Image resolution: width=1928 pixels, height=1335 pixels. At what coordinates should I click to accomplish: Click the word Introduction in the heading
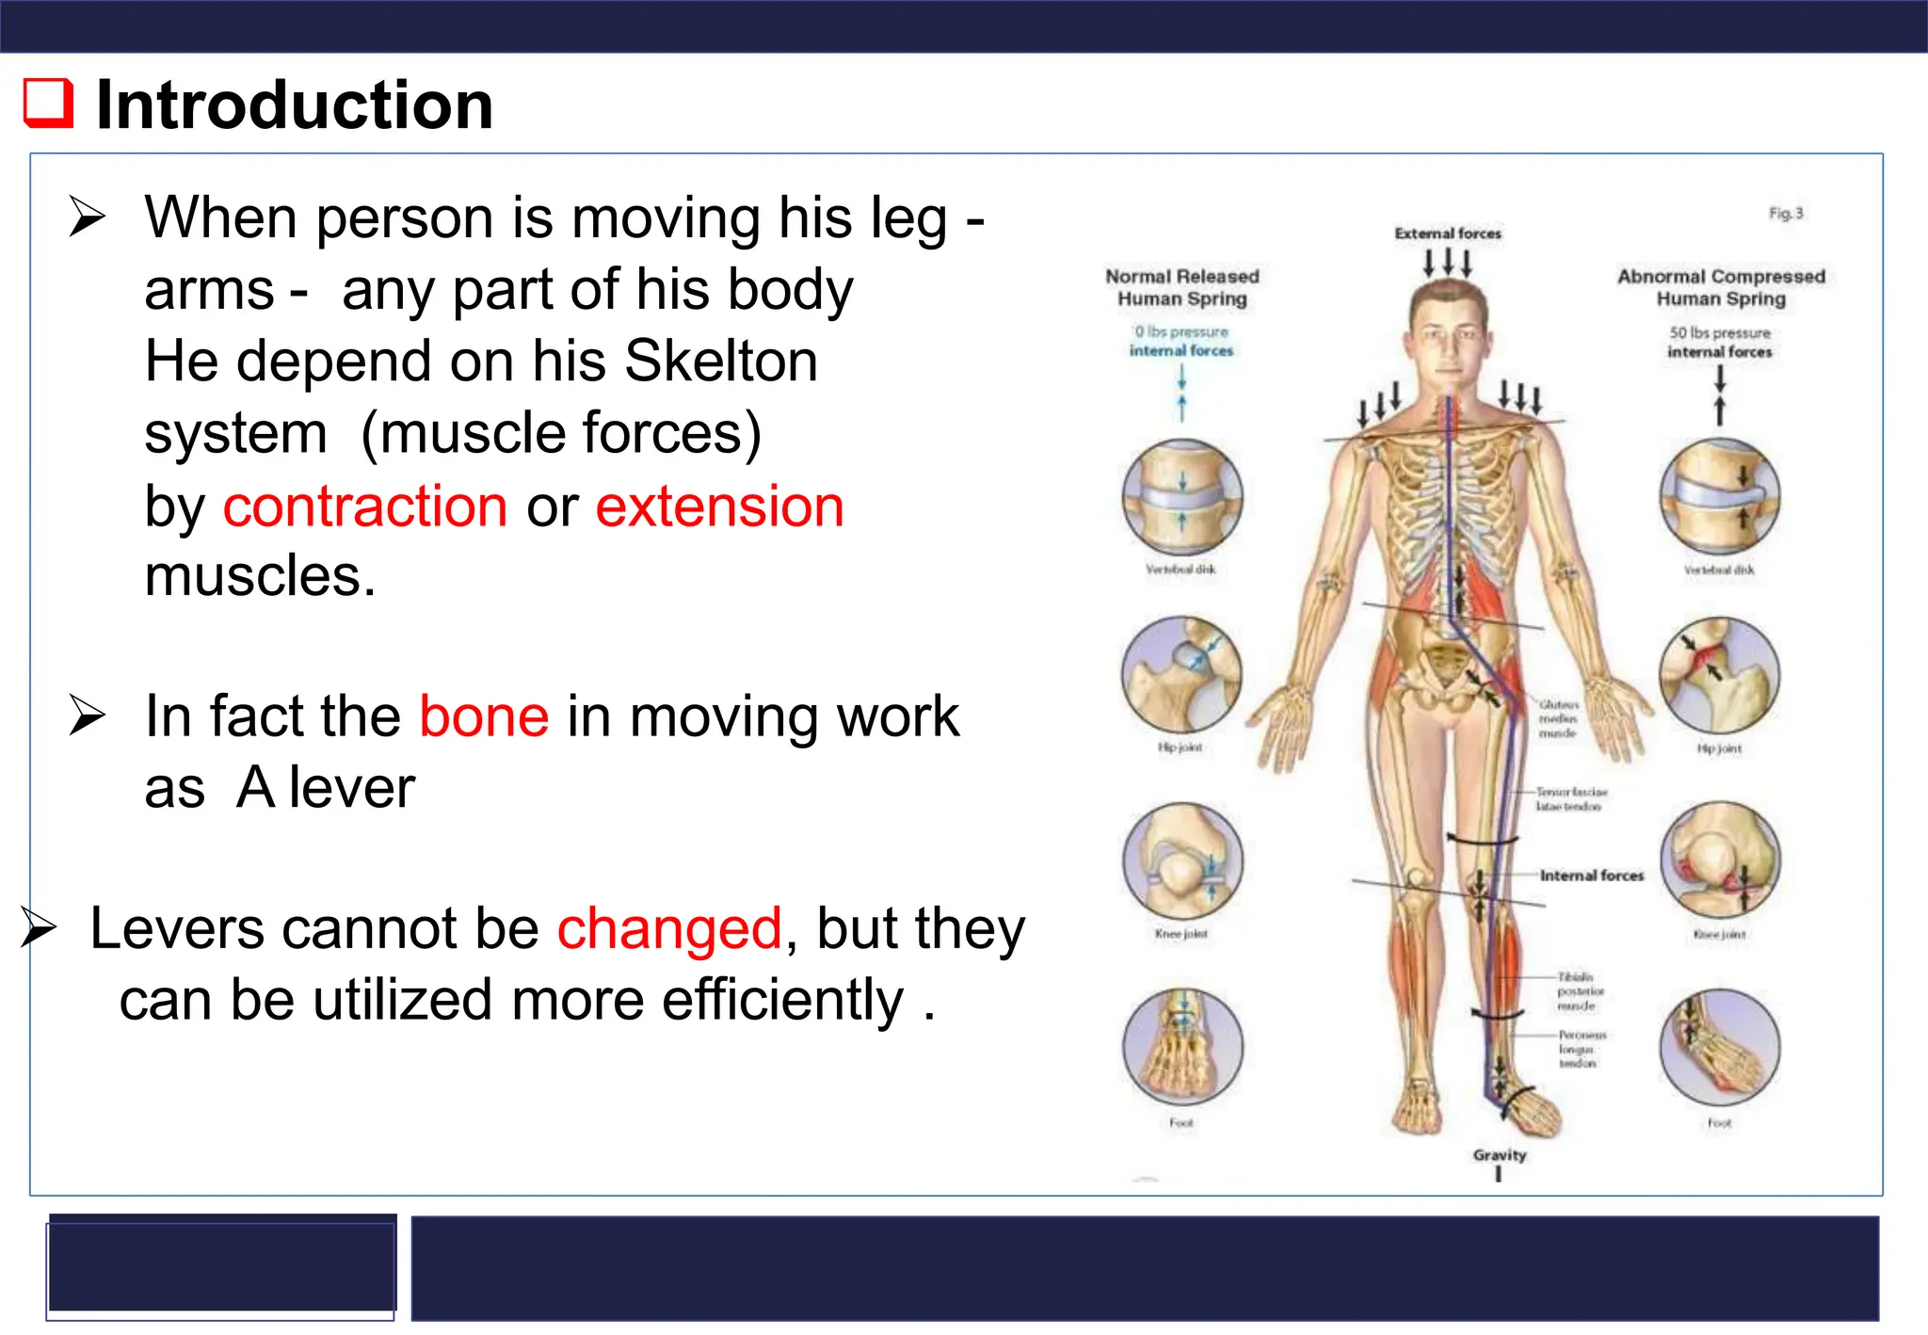tap(295, 105)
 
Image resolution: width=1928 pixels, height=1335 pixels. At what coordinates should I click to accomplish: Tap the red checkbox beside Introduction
tap(48, 103)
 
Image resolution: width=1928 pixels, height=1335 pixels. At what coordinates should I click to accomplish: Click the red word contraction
tap(365, 507)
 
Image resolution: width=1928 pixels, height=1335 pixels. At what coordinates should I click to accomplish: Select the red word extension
tap(719, 507)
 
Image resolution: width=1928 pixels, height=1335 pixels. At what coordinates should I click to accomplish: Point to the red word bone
tap(484, 716)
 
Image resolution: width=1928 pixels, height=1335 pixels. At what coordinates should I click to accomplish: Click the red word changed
tap(669, 929)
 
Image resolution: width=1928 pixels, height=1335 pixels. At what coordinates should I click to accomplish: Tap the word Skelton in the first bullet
tap(721, 362)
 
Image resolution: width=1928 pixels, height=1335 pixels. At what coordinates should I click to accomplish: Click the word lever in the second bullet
tap(352, 788)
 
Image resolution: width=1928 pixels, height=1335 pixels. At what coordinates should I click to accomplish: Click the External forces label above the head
tap(1448, 233)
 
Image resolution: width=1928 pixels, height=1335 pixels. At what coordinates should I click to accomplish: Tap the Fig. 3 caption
tap(1785, 214)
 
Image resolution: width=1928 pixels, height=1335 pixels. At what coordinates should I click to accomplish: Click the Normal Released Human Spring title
tap(1182, 287)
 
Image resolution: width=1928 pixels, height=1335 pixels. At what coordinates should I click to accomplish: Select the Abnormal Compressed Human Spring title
tap(1721, 287)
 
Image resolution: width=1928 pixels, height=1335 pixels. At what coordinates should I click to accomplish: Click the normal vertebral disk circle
tap(1182, 497)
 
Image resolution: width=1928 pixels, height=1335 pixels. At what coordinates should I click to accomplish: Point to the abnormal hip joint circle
tap(1719, 675)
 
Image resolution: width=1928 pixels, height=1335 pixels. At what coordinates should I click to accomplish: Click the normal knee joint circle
tap(1182, 861)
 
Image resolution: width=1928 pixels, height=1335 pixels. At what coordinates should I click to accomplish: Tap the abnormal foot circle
tap(1719, 1047)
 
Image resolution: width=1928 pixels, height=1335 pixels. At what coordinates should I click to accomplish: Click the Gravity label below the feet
tap(1499, 1154)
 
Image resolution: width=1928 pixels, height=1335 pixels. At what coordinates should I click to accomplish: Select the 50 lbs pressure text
tap(1720, 333)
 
